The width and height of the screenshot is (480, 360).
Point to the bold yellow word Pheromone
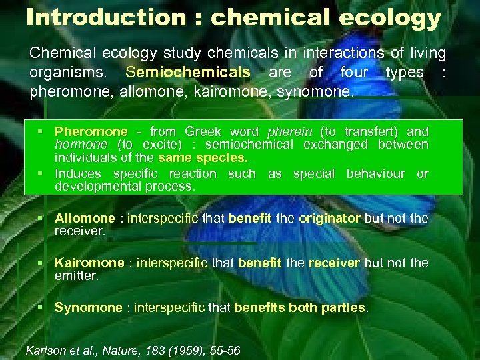91,132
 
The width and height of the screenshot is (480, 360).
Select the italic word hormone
81,144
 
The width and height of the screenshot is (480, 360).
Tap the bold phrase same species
203,157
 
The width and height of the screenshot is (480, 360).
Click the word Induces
78,174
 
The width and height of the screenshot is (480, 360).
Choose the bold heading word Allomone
85,219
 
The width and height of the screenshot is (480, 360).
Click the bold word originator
330,219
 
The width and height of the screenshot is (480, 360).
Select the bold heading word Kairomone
89,263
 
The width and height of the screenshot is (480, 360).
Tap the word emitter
76,275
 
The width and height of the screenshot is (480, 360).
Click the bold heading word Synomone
88,308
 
